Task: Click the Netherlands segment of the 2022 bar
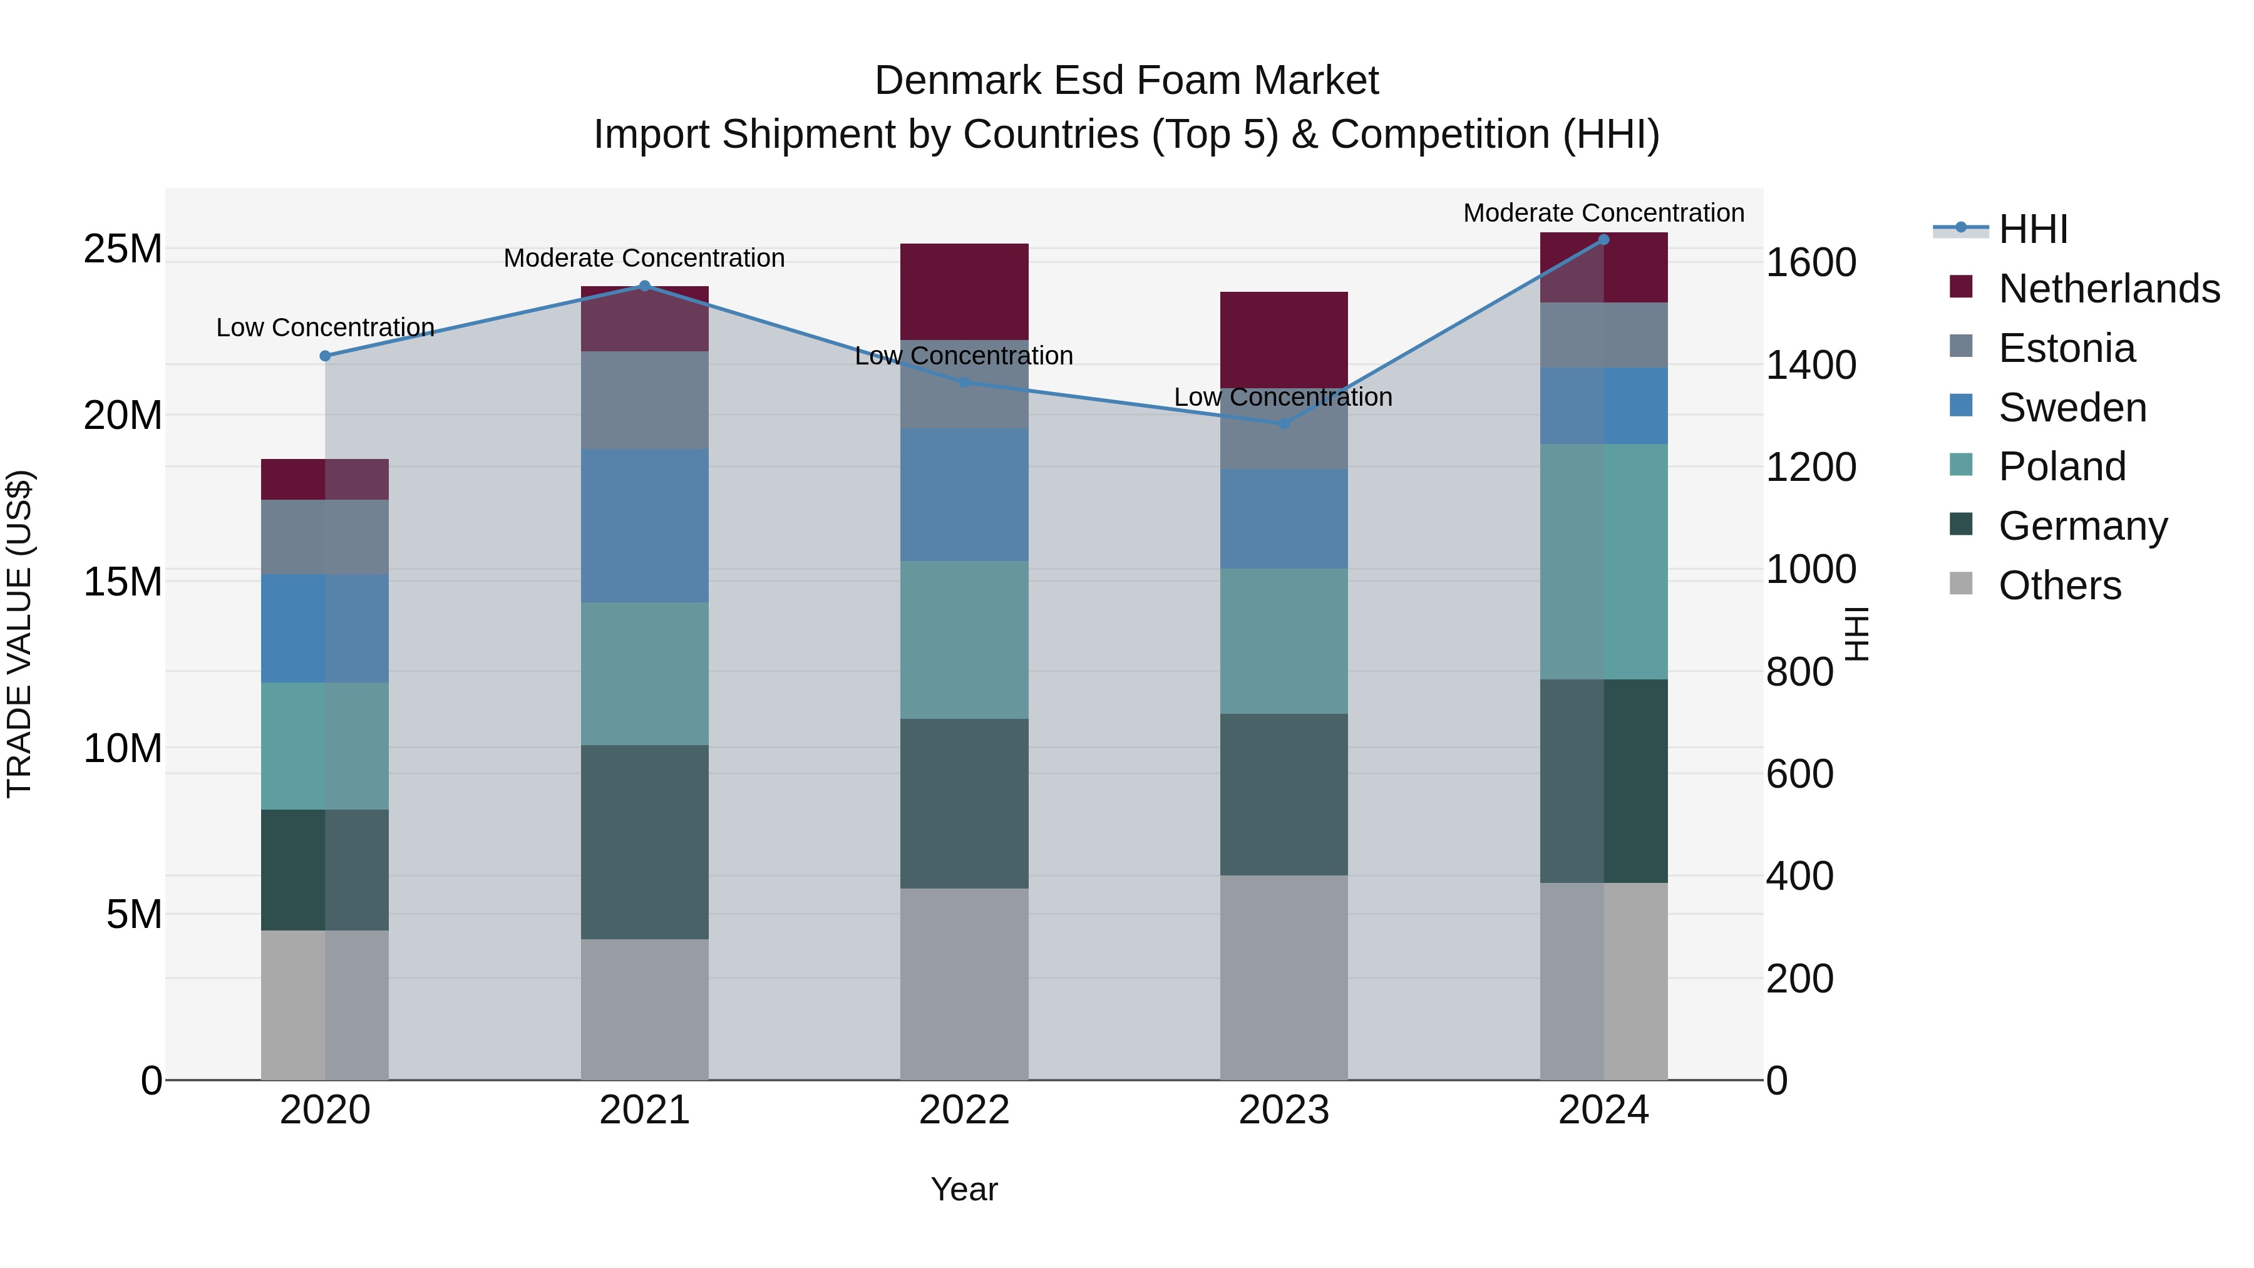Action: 964,291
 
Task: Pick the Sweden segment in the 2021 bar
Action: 645,525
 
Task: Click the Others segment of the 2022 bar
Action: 964,984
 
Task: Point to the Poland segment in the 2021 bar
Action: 645,673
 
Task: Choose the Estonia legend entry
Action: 2066,348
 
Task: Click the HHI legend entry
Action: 2032,229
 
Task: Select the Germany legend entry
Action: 2082,526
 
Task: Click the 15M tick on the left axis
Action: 123,582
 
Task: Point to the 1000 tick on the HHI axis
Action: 1810,570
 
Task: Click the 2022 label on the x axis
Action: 964,1110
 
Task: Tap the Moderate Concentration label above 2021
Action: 644,258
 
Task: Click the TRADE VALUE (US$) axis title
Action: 19,634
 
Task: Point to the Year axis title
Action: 964,1189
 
